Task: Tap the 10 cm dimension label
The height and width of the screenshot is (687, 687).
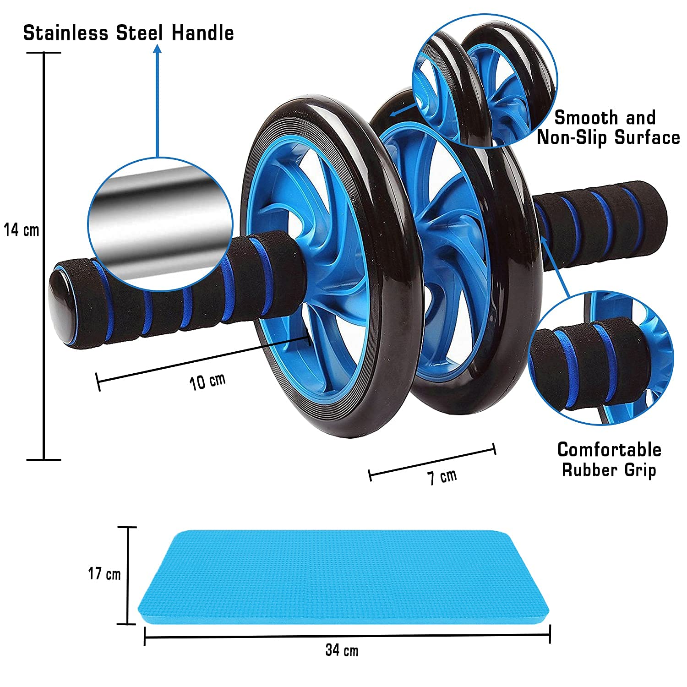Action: point(208,382)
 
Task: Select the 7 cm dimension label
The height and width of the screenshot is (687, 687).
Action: point(442,477)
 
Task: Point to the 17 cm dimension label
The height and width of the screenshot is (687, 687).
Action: point(104,573)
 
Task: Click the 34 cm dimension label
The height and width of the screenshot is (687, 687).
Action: point(342,650)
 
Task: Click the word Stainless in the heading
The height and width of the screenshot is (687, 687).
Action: point(66,33)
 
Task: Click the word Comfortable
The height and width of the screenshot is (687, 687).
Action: point(609,450)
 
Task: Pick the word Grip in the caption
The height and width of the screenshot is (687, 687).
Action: point(639,470)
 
